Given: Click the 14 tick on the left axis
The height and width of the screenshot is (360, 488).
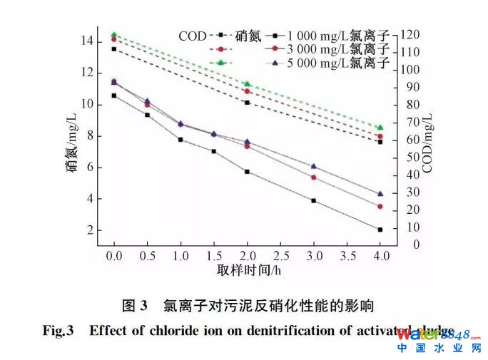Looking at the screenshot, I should click(x=86, y=41).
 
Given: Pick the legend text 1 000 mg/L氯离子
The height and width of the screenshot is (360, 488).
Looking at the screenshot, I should click(x=338, y=35).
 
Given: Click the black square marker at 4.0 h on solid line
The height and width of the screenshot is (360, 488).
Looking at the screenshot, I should click(x=380, y=230).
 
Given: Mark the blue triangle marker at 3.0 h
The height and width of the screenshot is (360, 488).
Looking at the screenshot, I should click(x=313, y=166).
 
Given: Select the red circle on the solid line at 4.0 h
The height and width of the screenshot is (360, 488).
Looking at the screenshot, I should click(x=380, y=206).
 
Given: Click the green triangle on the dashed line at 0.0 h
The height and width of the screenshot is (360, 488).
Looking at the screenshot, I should click(x=113, y=34).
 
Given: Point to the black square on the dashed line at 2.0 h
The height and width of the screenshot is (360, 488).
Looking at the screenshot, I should click(x=247, y=103).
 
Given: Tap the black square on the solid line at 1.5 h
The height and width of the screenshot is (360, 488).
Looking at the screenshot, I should click(x=213, y=151).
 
